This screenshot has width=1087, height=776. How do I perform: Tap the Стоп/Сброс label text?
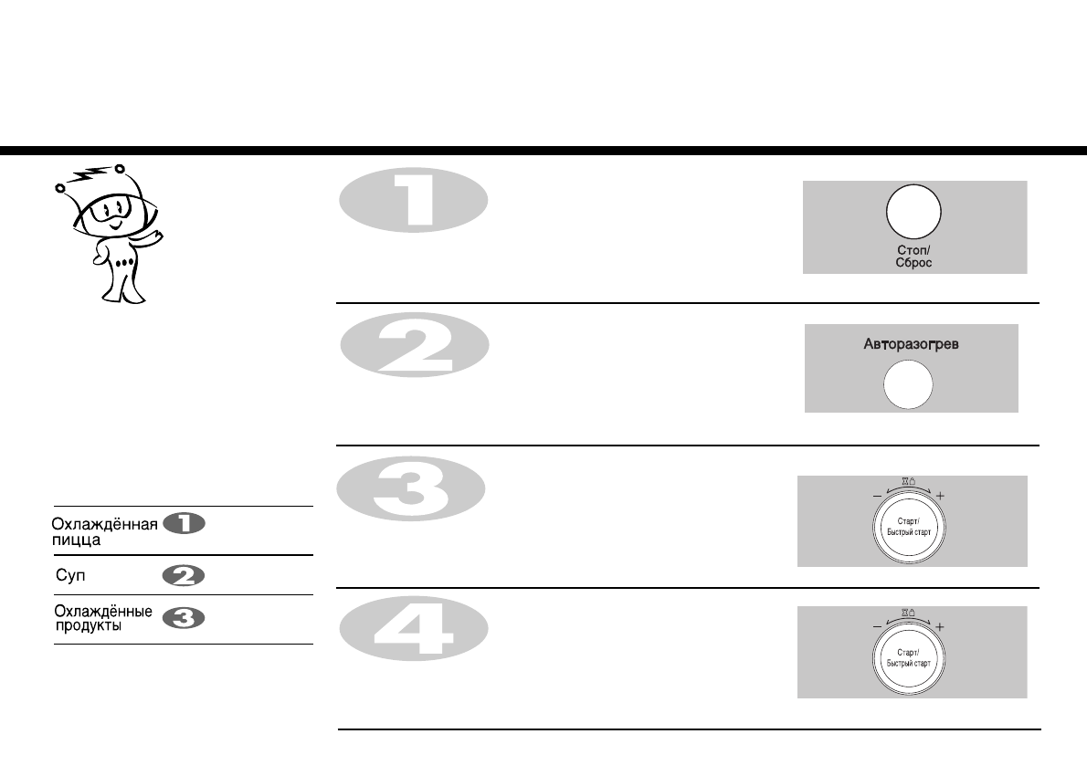pyautogui.click(x=913, y=256)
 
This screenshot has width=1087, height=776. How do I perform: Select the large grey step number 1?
pyautogui.click(x=414, y=202)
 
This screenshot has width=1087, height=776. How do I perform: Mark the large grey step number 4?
pyautogui.click(x=414, y=630)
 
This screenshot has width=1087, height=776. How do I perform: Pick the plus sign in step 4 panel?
pyautogui.click(x=941, y=628)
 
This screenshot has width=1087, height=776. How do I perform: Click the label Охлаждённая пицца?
pyautogui.click(x=104, y=531)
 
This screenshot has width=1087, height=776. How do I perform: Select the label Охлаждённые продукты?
pyautogui.click(x=101, y=619)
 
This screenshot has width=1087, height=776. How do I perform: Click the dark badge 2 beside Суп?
pyautogui.click(x=184, y=576)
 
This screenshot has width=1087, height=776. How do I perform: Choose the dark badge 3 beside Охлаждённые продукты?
pyautogui.click(x=184, y=619)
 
